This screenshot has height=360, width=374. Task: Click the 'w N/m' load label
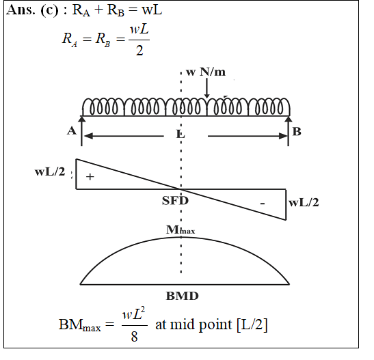(206, 72)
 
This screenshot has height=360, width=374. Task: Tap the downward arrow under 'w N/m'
(206, 88)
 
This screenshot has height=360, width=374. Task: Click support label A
(72, 130)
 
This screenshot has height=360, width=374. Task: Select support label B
(297, 132)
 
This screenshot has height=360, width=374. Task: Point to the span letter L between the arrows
(181, 135)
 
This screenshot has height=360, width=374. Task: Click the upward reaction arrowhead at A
(82, 119)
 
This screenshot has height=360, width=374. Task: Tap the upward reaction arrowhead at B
(289, 119)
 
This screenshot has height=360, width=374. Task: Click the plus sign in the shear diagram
(90, 176)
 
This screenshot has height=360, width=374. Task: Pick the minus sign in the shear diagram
(263, 204)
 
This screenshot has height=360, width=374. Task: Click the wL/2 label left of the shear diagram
(50, 171)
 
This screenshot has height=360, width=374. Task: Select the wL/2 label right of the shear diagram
(304, 202)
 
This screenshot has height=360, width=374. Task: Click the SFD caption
(175, 200)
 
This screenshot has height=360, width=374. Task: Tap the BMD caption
(183, 296)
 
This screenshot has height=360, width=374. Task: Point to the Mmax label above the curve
(181, 230)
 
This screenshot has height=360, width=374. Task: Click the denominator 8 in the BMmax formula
(134, 336)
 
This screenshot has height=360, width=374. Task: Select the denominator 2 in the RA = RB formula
(139, 51)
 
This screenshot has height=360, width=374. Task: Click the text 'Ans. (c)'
(32, 10)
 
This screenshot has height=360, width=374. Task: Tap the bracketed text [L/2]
(252, 324)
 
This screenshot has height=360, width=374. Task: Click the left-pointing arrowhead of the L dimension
(88, 136)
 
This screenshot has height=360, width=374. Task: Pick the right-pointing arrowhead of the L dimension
(283, 136)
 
